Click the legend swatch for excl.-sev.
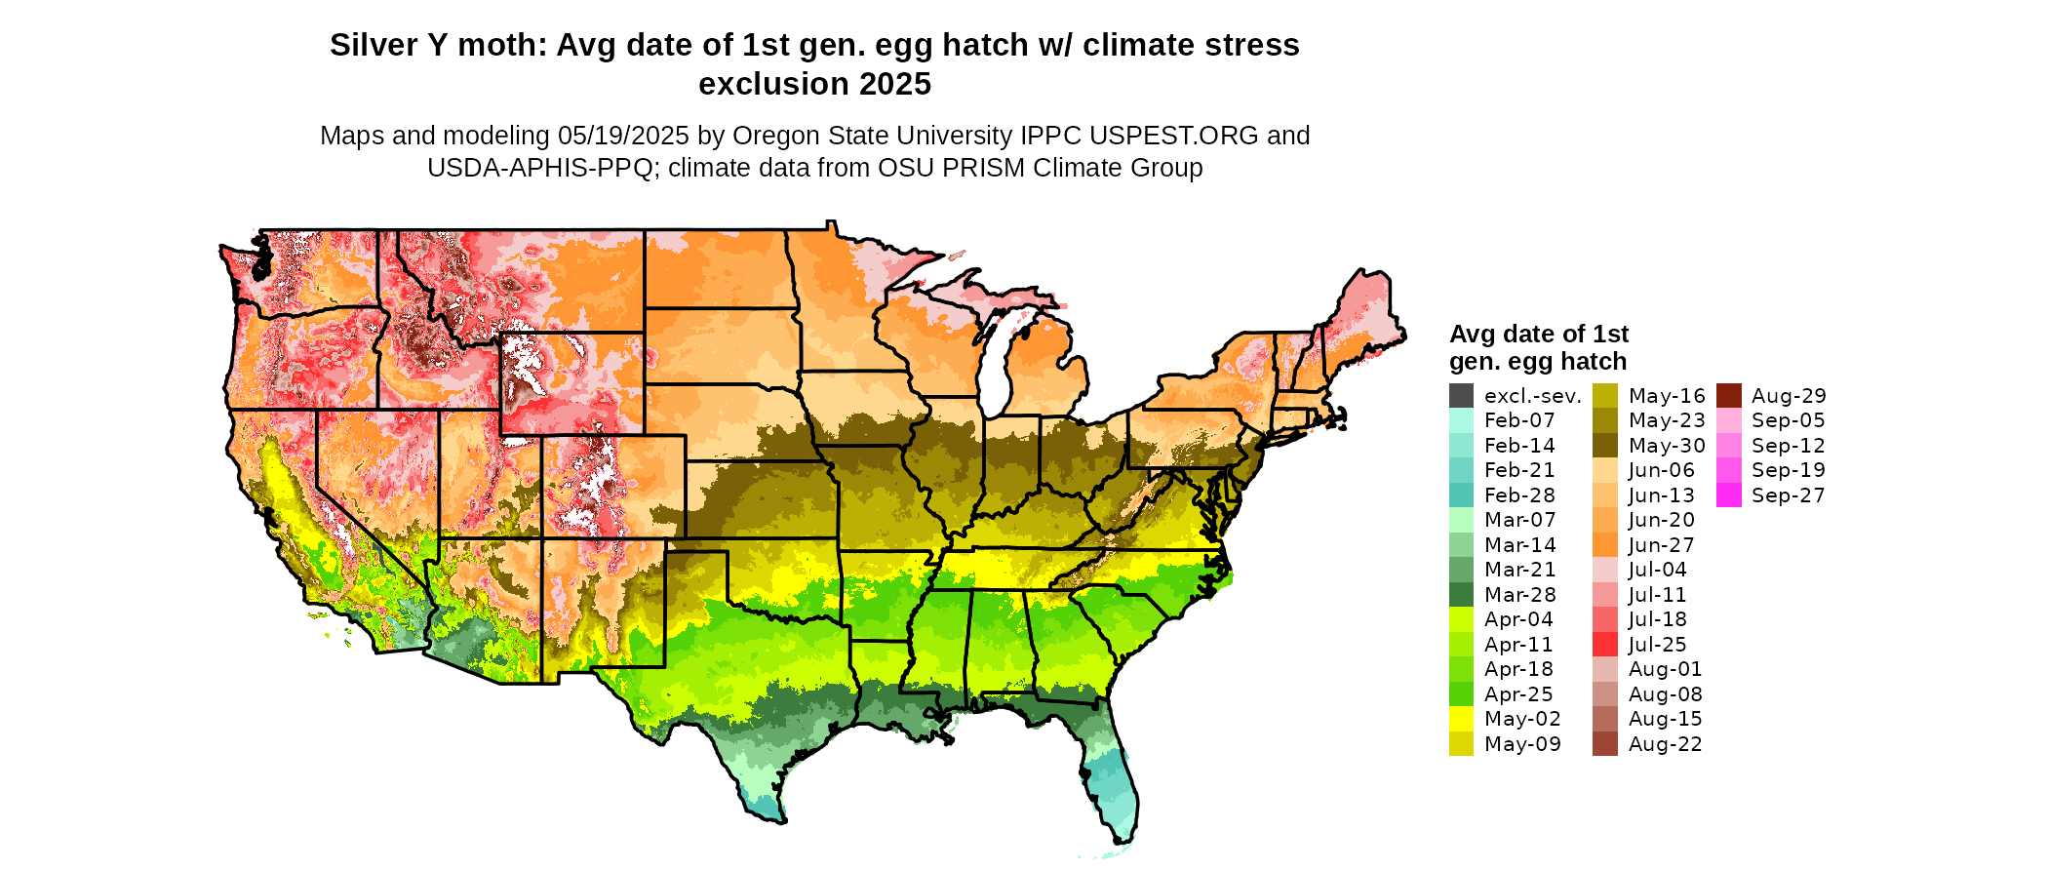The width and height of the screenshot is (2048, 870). [1461, 396]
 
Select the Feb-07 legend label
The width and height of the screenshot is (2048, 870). [1519, 420]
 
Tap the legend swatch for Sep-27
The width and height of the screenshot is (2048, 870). [1728, 495]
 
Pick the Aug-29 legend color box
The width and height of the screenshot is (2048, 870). [1728, 396]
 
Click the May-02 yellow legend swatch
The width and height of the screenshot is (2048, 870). [1461, 719]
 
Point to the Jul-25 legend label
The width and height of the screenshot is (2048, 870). [1658, 645]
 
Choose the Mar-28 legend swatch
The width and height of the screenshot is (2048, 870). [1461, 595]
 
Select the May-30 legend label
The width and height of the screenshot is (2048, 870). [1667, 446]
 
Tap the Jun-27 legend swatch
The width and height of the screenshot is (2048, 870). [1605, 545]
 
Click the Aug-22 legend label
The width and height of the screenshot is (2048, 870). [1666, 744]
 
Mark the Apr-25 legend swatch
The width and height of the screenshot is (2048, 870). [1461, 694]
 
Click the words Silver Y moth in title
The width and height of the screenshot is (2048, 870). [437, 45]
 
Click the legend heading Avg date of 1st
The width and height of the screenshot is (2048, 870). [1539, 334]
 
